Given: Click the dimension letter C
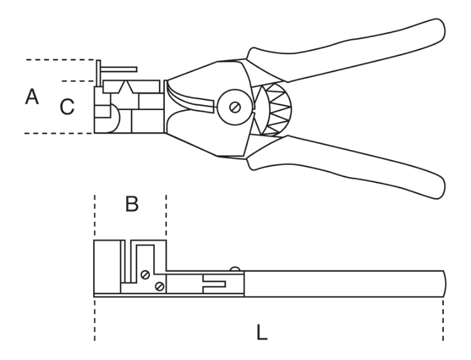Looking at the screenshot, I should pyautogui.click(x=67, y=106).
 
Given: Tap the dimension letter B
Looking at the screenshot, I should pyautogui.click(x=132, y=205).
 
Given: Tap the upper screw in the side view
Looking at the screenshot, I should pyautogui.click(x=145, y=274).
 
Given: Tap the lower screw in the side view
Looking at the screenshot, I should pyautogui.click(x=158, y=286).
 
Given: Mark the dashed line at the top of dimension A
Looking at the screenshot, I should pyautogui.click(x=59, y=60).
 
